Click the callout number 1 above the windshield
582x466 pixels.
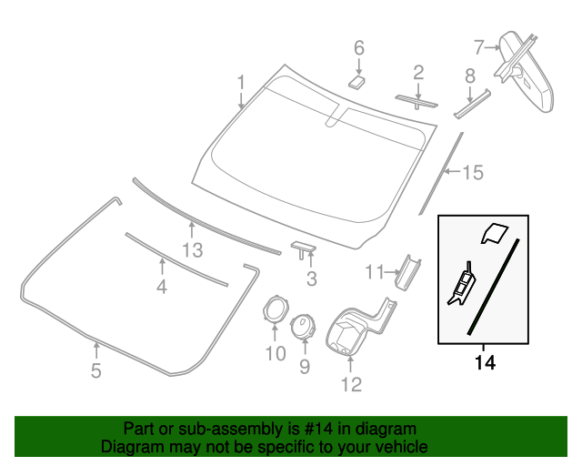[241, 83]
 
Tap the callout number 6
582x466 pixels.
[358, 46]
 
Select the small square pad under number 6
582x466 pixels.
[356, 81]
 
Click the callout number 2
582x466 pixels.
[418, 71]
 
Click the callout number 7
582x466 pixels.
[479, 46]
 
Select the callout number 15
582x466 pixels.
[473, 172]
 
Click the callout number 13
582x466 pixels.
[191, 248]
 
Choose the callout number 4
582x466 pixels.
[162, 287]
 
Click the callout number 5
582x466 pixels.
[95, 370]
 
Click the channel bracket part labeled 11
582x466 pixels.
[407, 270]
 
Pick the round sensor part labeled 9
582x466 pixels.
[302, 325]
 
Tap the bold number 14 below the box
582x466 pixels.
[485, 363]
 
